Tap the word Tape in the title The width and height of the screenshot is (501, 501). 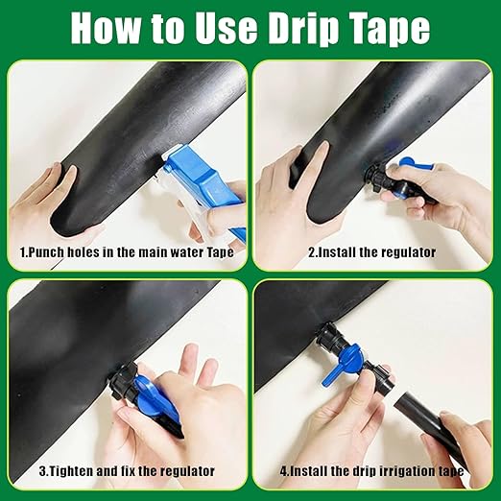pyautogui.click(x=388, y=29)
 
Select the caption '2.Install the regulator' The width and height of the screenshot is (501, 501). pyautogui.click(x=371, y=252)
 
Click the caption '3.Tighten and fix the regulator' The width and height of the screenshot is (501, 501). pyautogui.click(x=126, y=471)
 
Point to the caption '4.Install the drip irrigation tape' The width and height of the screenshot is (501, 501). pyautogui.click(x=371, y=471)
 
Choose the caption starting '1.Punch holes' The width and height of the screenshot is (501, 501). pyautogui.click(x=126, y=252)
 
